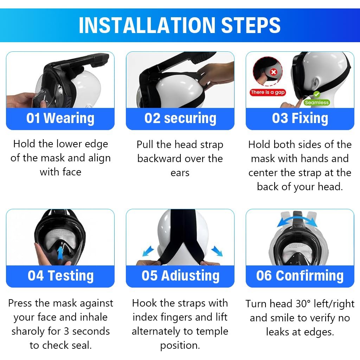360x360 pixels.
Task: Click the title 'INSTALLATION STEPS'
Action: tap(180, 25)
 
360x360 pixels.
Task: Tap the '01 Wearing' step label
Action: tap(60, 118)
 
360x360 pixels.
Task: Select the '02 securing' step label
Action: tap(180, 118)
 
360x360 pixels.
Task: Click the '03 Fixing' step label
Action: tap(300, 118)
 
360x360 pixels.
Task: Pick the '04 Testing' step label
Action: tap(60, 276)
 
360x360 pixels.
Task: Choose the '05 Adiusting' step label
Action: tap(180, 276)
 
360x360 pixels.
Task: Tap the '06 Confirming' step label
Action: tap(300, 276)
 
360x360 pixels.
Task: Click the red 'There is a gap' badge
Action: tap(268, 92)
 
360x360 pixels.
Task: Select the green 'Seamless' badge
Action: tap(317, 102)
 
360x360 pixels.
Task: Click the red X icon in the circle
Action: tap(274, 72)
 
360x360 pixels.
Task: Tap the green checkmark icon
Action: tap(317, 94)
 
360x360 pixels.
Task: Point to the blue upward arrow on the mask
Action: tap(60, 253)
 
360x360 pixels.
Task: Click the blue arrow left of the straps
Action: tap(148, 251)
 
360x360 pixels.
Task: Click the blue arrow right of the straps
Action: tap(217, 251)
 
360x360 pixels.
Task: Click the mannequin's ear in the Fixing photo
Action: tap(315, 83)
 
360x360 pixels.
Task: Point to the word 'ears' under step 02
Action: tap(180, 173)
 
